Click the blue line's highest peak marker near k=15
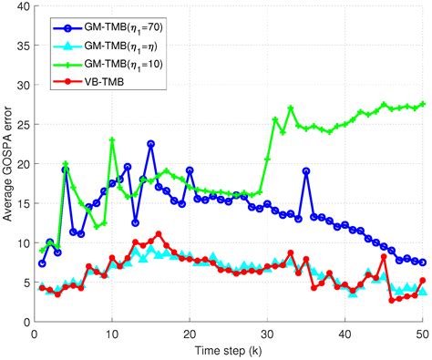pos(150,144)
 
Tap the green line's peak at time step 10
pos(112,140)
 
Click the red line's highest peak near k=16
pos(159,234)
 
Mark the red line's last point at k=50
pos(423,281)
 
